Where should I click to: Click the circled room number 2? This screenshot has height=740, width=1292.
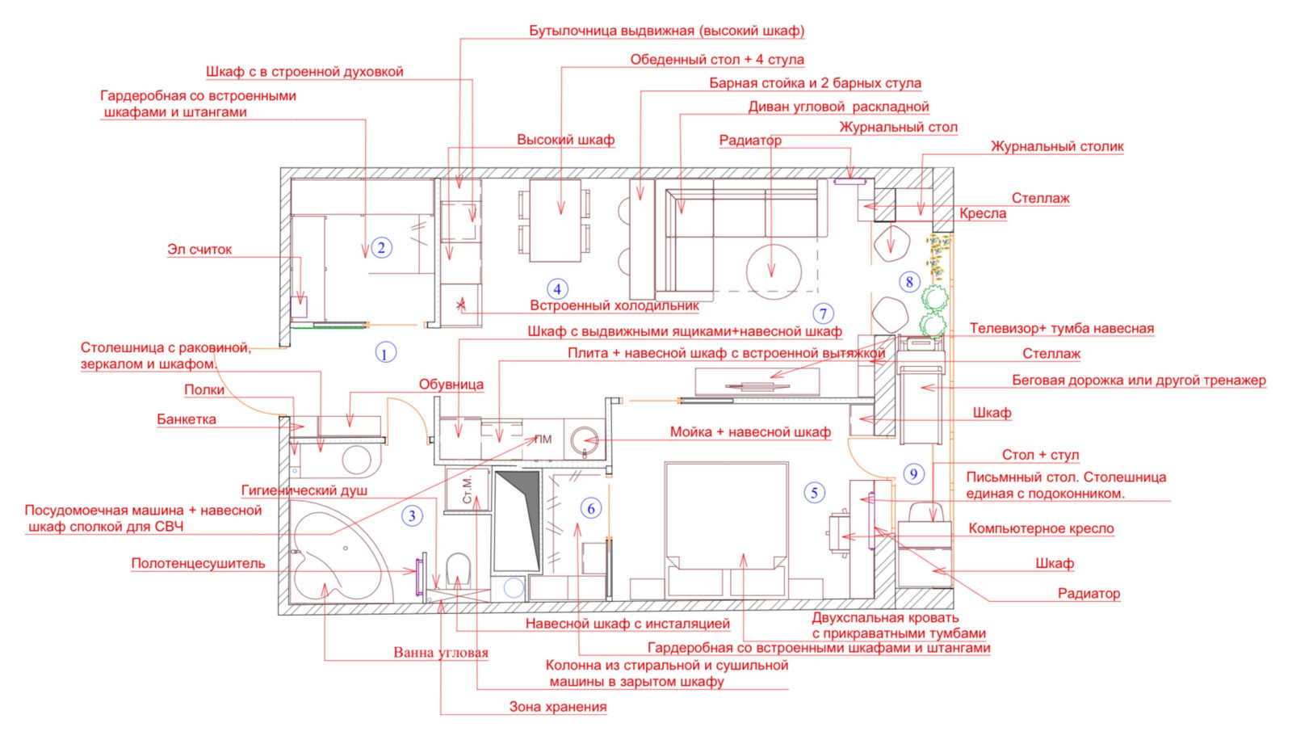pos(380,248)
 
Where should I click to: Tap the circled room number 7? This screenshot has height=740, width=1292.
pos(823,313)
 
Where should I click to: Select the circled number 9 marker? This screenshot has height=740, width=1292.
pos(913,474)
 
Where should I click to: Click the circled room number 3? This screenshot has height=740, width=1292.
pos(412,515)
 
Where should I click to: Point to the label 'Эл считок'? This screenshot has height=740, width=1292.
pos(199,250)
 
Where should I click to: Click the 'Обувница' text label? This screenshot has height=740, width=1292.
pos(451,385)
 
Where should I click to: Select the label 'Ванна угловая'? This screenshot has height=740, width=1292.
pos(441,653)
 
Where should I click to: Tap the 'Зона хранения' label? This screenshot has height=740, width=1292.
pos(558,707)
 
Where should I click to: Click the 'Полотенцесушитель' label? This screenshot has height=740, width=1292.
pos(198,563)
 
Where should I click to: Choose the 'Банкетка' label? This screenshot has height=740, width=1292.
pos(187,419)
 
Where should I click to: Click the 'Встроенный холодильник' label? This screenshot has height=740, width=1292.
pos(615,305)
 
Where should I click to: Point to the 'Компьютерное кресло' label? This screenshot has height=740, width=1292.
pos(1041,528)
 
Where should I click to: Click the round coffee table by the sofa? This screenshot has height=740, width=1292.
pos(773,272)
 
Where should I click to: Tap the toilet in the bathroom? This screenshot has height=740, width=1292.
pos(459,570)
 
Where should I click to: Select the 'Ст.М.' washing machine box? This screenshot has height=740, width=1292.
pos(468,490)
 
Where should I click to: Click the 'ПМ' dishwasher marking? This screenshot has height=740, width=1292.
pos(543,439)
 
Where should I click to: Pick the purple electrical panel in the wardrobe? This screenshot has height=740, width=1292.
pos(299,306)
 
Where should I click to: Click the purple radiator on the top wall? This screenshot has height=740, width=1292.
pos(849,182)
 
